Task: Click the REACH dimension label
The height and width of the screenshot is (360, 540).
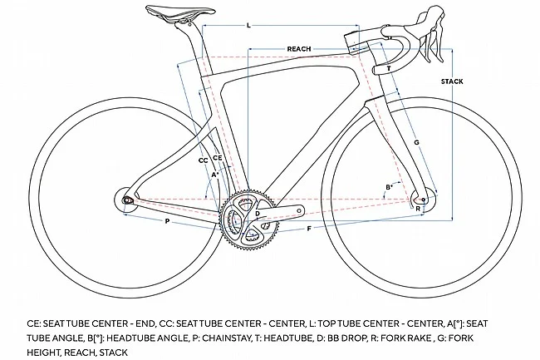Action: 299,49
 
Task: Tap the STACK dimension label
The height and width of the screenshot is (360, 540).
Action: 452,81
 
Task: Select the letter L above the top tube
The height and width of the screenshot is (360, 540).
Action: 248,26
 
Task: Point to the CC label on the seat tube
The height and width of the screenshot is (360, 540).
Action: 204,160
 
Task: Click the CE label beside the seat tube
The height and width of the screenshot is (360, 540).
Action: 218,158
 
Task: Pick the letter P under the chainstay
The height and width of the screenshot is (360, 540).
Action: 167,221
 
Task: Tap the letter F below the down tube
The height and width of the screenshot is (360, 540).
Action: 309,229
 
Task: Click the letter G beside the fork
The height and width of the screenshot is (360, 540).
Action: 416,142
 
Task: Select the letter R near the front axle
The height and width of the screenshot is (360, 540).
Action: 418,209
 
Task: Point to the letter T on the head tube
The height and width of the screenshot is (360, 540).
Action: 389,68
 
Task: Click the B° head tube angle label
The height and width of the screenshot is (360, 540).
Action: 389,187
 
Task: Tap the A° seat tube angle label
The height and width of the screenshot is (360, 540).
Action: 215,175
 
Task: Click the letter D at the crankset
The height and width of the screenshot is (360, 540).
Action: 258,214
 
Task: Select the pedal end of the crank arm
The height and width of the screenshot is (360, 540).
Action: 299,210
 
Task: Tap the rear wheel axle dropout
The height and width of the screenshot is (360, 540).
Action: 127,200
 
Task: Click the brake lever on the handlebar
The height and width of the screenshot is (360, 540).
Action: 434,42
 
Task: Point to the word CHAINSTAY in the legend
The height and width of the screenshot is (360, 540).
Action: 227,338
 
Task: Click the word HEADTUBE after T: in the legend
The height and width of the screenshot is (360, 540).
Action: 288,338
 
